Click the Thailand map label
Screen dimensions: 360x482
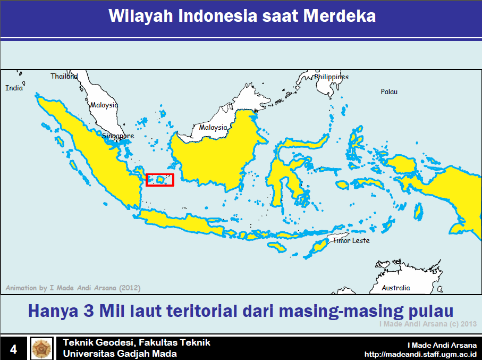click(x=64, y=76)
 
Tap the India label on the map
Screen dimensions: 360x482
click(x=14, y=88)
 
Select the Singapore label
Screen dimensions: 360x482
click(x=118, y=136)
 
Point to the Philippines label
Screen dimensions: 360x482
click(x=331, y=77)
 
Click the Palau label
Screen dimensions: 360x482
click(x=389, y=92)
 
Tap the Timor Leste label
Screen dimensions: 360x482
click(x=351, y=240)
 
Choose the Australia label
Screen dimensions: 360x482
click(x=396, y=288)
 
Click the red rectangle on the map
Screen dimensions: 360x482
click(x=160, y=180)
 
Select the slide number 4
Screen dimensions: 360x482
click(x=13, y=349)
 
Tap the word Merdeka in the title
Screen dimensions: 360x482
click(x=340, y=16)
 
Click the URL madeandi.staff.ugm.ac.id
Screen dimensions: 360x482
click(x=420, y=354)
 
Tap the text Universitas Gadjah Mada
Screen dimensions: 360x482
click(x=120, y=354)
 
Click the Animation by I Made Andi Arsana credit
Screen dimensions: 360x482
click(x=73, y=288)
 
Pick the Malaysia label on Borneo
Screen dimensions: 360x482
click(x=213, y=128)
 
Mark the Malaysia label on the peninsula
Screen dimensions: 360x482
click(x=104, y=105)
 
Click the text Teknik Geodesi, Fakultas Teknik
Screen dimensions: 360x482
click(x=137, y=342)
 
